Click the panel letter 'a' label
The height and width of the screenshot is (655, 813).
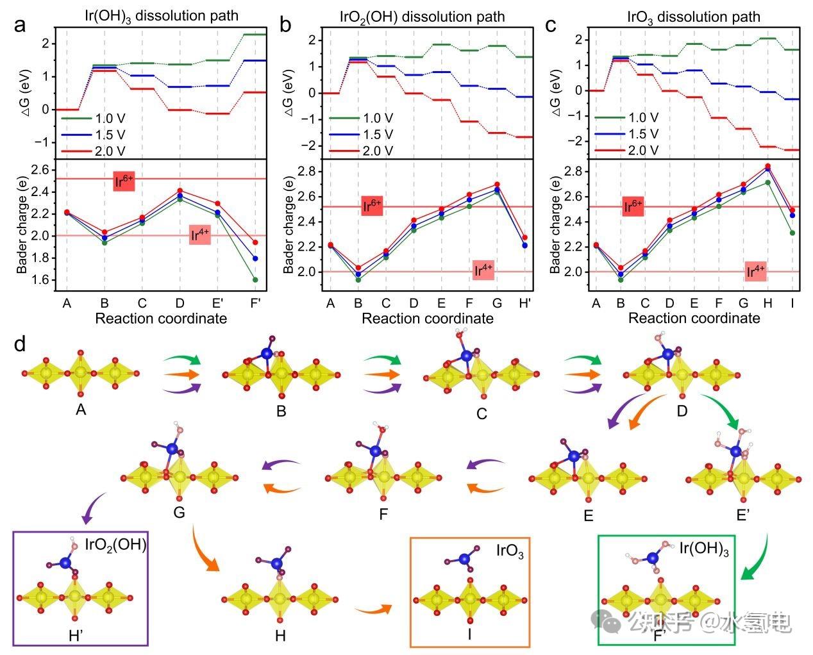click(21, 26)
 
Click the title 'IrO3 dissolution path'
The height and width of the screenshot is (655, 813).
click(693, 17)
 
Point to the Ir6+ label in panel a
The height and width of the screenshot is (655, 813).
click(124, 181)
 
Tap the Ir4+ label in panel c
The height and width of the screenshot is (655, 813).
click(757, 271)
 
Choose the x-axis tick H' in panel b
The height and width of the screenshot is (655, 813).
click(524, 303)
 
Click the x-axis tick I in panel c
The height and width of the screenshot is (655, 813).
click(792, 303)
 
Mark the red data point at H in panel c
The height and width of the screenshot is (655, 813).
click(767, 167)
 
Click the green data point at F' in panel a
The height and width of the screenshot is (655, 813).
click(255, 279)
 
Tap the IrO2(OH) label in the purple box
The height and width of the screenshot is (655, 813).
click(116, 545)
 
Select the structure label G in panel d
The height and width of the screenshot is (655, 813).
click(179, 512)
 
